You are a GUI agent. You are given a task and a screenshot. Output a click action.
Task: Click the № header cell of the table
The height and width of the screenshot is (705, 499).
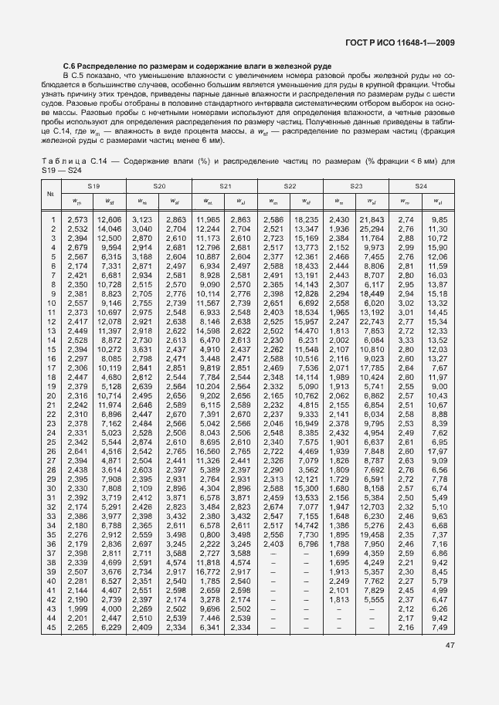(50, 194)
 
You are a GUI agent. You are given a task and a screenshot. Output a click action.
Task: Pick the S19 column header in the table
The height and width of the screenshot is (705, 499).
(93, 188)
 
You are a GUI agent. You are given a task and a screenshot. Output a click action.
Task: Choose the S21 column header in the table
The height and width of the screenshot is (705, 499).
(225, 188)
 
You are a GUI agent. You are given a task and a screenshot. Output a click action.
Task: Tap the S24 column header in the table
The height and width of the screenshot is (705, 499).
(420, 188)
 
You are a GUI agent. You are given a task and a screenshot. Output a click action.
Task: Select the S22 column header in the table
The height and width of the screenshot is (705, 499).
(290, 188)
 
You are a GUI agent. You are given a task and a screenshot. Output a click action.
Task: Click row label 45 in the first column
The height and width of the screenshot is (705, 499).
(53, 627)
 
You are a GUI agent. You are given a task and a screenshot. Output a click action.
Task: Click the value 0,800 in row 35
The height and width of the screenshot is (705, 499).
(212, 534)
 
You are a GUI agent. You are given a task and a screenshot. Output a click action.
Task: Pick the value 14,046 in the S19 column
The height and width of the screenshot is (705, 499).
(109, 229)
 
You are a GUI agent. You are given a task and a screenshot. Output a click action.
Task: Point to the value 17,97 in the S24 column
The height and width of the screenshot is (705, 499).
(437, 451)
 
